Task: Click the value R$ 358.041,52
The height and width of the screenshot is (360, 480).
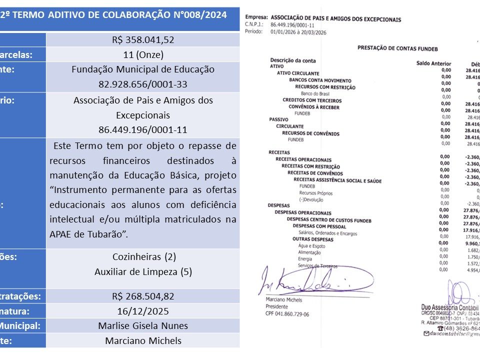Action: tap(143, 40)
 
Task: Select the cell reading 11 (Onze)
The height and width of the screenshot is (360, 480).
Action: tap(143, 54)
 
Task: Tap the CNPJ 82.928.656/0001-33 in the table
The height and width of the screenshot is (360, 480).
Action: tap(143, 84)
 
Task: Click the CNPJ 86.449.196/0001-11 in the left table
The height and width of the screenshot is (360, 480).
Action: tap(143, 129)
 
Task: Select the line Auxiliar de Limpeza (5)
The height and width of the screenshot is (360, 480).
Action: tap(143, 272)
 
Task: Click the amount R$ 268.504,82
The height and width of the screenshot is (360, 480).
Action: tap(143, 296)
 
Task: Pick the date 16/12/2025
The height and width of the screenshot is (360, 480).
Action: tap(143, 311)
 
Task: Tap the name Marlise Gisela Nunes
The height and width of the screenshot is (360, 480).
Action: tap(143, 326)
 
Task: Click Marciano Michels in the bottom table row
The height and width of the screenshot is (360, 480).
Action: tap(143, 341)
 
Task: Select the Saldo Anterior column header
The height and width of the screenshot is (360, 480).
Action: tap(433, 63)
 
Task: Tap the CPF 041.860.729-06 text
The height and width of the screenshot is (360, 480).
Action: tap(284, 314)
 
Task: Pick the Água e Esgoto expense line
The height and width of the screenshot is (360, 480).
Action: tap(311, 245)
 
